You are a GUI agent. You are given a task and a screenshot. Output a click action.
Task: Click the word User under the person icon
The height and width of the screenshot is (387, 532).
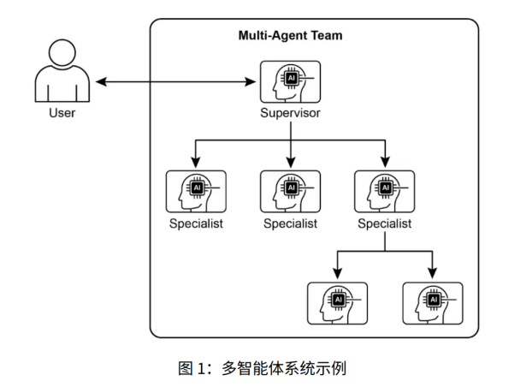61,112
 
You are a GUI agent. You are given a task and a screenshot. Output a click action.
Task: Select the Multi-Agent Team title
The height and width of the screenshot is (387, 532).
290,36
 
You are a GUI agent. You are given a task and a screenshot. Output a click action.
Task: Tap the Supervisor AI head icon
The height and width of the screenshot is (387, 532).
290,82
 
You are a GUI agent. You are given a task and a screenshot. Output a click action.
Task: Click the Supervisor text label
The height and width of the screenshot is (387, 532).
290,112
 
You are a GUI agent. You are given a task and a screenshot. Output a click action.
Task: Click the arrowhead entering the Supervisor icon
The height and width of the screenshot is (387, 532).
253,82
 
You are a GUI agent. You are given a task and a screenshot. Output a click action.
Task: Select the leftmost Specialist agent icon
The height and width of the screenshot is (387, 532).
196,191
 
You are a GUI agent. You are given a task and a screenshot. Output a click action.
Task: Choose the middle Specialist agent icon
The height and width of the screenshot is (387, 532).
290,191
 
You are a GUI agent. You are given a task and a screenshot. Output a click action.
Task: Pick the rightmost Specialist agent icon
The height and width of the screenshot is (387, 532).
384,191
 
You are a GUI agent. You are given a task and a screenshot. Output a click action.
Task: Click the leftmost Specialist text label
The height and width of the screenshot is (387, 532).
196,223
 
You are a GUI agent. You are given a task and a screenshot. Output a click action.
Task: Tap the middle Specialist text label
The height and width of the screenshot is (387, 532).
290,223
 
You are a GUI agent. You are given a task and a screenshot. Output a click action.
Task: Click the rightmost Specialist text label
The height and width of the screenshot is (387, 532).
384,223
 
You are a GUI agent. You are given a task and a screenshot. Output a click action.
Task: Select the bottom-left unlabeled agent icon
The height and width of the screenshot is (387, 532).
337,303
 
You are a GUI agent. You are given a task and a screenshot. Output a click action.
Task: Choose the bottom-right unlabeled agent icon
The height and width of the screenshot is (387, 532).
432,303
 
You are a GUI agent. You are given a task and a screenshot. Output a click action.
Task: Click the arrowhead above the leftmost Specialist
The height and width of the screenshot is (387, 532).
196,162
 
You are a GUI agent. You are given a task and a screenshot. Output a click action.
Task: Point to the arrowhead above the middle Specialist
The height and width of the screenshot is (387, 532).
290,162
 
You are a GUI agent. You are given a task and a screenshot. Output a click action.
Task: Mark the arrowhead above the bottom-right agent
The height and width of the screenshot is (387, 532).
432,274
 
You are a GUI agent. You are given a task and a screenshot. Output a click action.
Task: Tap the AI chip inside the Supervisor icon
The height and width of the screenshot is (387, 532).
291,77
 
